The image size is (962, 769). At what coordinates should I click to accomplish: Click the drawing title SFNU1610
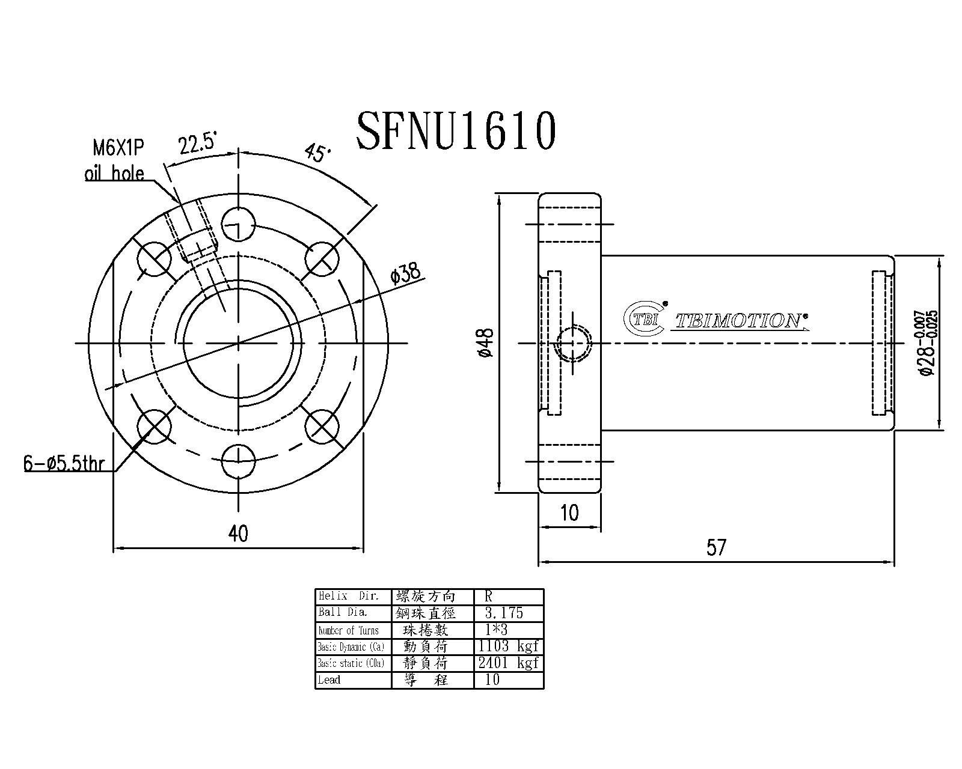click(456, 131)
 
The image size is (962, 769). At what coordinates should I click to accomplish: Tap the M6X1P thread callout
click(118, 148)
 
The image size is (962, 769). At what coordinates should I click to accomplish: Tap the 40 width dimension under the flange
click(239, 533)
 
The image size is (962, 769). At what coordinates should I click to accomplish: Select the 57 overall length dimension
click(716, 547)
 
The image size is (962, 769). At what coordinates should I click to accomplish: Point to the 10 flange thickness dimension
click(569, 513)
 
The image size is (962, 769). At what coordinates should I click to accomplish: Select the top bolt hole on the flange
click(239, 225)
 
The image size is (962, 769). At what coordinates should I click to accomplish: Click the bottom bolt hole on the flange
click(239, 461)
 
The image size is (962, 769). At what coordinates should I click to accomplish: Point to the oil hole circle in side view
click(574, 344)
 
